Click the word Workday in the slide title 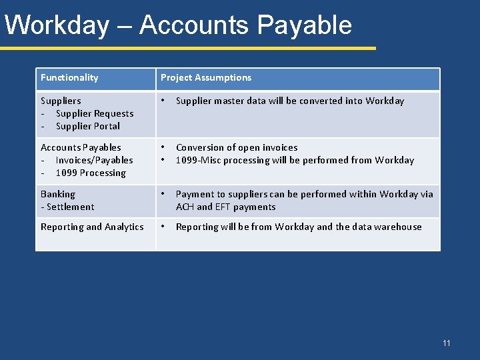[x=57, y=25]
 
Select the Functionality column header [x=69, y=77]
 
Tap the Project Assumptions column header [x=206, y=77]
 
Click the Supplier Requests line [x=95, y=113]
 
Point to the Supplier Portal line [x=88, y=126]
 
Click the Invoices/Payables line [x=94, y=160]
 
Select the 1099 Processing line [x=91, y=173]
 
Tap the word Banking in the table [x=58, y=194]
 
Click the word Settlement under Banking [x=70, y=207]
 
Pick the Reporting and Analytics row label [x=92, y=227]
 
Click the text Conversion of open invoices [x=237, y=147]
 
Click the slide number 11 [x=447, y=343]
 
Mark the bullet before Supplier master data [x=163, y=101]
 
